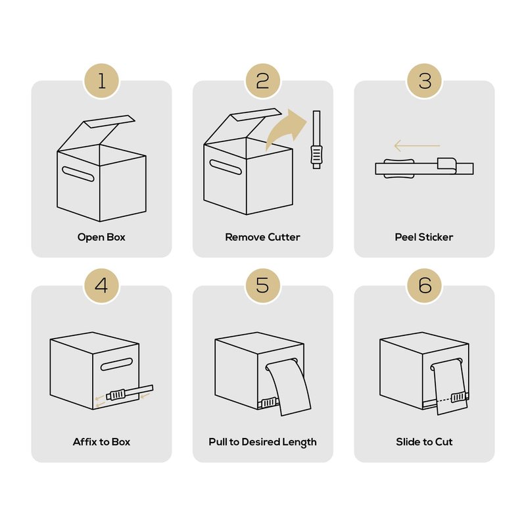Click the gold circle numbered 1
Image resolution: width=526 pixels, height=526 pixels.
tap(102, 81)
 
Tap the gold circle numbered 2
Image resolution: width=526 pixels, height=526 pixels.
tap(262, 81)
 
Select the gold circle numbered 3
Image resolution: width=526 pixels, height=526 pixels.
tap(424, 81)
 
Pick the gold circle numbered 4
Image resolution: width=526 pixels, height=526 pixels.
tap(102, 286)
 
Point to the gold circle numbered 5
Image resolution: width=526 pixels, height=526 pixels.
tap(262, 286)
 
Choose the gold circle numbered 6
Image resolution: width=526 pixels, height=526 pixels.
tap(424, 286)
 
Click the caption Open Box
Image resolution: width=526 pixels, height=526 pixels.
tap(101, 237)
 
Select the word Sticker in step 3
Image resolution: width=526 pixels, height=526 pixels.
tap(436, 237)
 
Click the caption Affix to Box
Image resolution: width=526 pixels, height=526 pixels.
tap(101, 442)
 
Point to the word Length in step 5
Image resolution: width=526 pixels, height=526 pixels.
tap(299, 442)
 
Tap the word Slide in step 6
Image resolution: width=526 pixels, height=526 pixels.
tap(406, 442)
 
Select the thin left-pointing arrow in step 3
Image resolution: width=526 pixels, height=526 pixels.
tap(417, 146)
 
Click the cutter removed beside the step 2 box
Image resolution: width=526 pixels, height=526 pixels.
tap(316, 139)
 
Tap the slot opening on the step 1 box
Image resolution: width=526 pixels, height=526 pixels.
tap(78, 174)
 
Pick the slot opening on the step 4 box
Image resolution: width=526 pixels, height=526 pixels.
tap(116, 364)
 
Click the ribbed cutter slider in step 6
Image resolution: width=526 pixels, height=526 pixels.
tap(458, 397)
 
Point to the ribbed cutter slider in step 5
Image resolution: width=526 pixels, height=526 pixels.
tap(269, 402)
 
